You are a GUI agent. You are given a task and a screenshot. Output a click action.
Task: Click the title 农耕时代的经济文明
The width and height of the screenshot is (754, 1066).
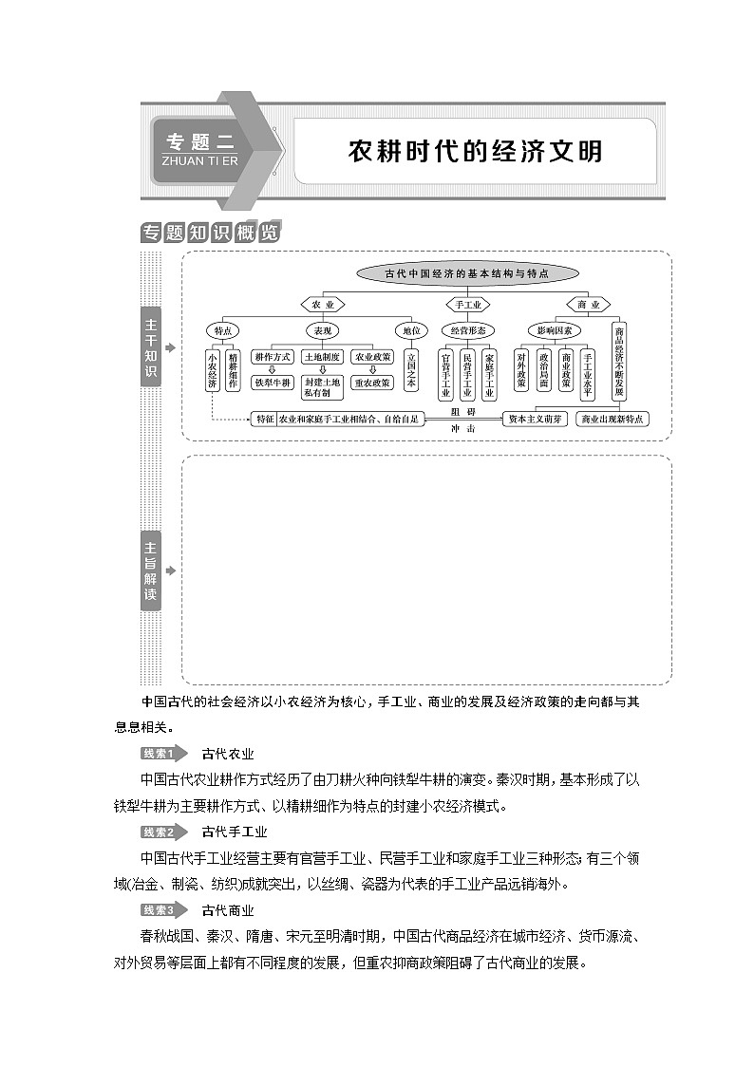(x=474, y=151)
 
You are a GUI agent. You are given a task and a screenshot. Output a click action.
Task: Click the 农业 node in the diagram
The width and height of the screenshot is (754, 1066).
(x=322, y=305)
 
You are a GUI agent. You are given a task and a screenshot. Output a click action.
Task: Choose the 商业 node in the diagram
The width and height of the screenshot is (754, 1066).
(x=588, y=305)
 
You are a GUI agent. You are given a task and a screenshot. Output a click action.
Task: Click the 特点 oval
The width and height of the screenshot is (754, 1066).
(x=223, y=330)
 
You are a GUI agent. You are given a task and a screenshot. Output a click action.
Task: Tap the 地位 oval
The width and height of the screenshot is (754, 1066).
(x=410, y=330)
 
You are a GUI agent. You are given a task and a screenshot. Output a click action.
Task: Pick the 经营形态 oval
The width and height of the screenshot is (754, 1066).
(x=468, y=330)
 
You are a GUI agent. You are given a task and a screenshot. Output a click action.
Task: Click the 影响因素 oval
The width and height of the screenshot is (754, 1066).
(x=554, y=330)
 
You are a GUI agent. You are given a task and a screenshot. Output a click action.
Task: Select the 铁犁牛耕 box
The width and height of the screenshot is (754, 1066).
(x=273, y=383)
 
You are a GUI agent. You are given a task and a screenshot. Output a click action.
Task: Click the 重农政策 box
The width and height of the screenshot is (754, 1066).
(x=371, y=383)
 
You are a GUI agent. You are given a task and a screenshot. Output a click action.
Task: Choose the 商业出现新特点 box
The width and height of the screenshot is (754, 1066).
(x=613, y=419)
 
